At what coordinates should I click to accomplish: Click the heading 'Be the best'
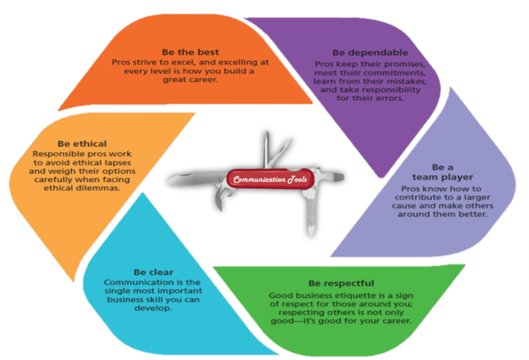187,52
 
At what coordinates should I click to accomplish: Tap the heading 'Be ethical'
82,143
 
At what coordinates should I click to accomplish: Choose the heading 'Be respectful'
341,283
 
